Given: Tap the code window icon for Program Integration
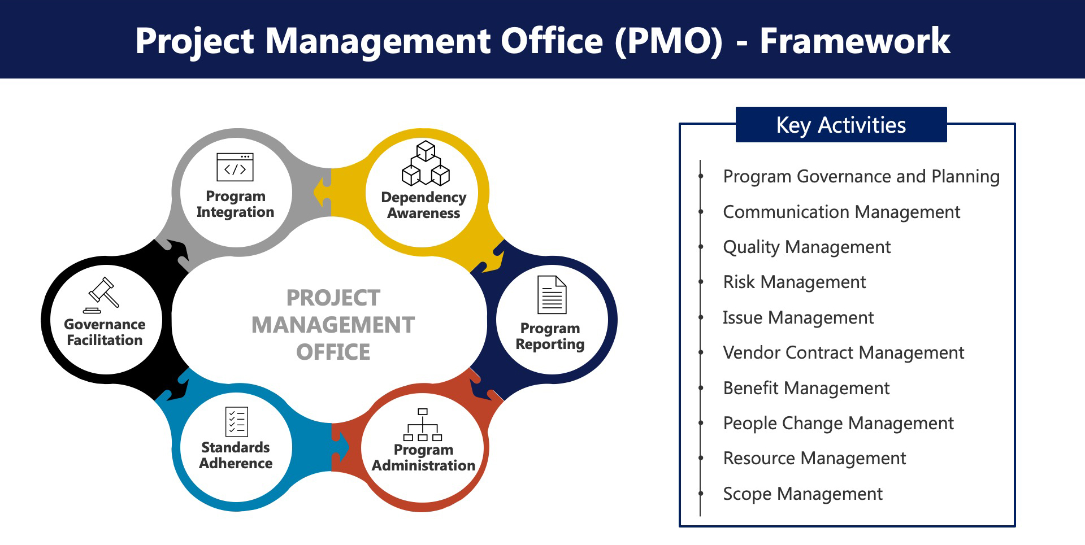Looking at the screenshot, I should (235, 167).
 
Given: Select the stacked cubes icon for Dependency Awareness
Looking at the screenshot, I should (426, 164).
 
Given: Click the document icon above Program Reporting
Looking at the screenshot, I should (552, 294).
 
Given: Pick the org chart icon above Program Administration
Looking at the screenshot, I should (423, 424).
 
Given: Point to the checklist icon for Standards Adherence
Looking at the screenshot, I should (236, 421).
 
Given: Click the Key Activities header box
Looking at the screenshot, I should (841, 125).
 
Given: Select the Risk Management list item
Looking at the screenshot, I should (794, 282).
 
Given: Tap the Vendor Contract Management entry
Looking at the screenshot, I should (843, 352).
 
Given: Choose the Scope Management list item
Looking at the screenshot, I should (802, 494).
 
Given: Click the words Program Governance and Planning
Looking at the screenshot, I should (861, 176).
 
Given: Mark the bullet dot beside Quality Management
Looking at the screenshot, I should (701, 247).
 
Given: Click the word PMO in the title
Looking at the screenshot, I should (669, 41).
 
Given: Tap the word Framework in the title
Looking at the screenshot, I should (854, 41).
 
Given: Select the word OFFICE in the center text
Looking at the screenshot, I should (333, 352).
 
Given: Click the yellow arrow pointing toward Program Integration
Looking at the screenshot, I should (323, 191).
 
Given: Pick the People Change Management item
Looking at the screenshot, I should (838, 423).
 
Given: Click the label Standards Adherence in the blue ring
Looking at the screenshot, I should (236, 455).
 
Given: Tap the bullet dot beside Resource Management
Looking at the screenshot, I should (701, 458).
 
